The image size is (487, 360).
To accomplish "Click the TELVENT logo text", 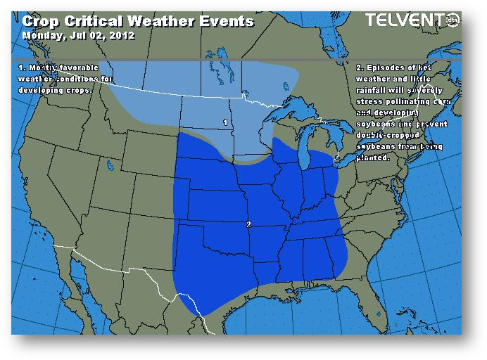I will click(x=404, y=21).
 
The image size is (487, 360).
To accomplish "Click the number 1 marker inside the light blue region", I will click(x=225, y=122).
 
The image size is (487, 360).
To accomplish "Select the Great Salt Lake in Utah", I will click(x=110, y=167).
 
